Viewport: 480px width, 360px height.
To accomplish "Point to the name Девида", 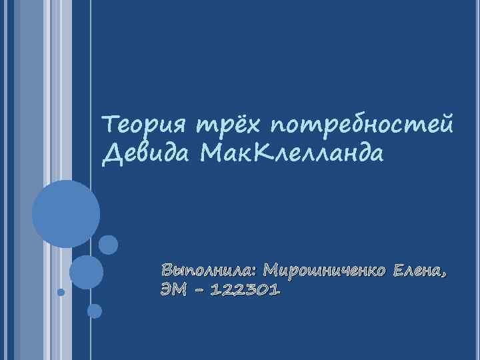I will point(142,155).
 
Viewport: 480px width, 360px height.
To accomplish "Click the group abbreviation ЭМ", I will point(172,292).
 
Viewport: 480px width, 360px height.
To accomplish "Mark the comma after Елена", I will point(443,275).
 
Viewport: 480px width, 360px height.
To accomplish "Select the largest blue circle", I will point(66,215).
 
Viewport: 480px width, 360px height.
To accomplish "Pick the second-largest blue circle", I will point(86,271).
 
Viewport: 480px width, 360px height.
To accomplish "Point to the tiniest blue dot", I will point(61,292).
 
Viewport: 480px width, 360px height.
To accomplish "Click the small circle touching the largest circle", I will point(108,245).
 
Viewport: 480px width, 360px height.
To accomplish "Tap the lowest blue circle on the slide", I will point(95,311).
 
